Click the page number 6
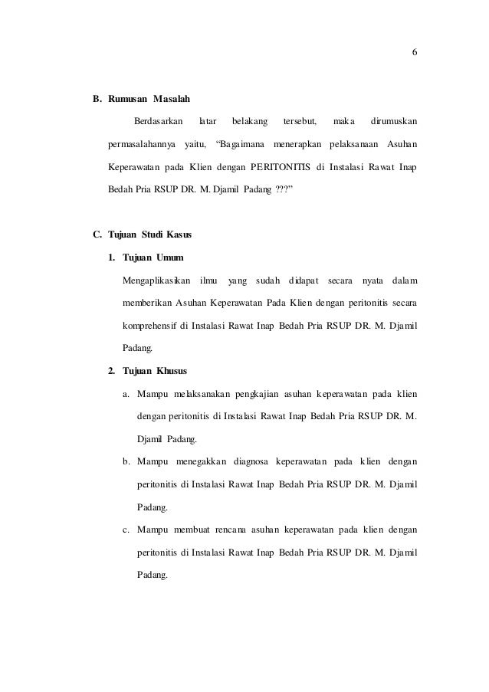click(x=414, y=52)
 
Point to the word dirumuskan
click(x=394, y=122)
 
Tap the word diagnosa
click(x=262, y=462)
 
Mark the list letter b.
click(x=126, y=462)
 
